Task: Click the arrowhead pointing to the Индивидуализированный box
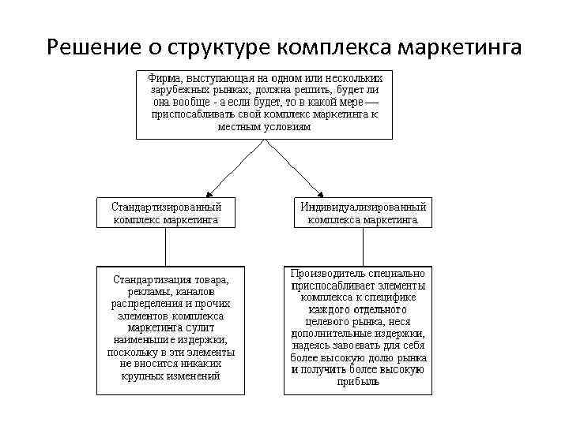pyautogui.click(x=318, y=192)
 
